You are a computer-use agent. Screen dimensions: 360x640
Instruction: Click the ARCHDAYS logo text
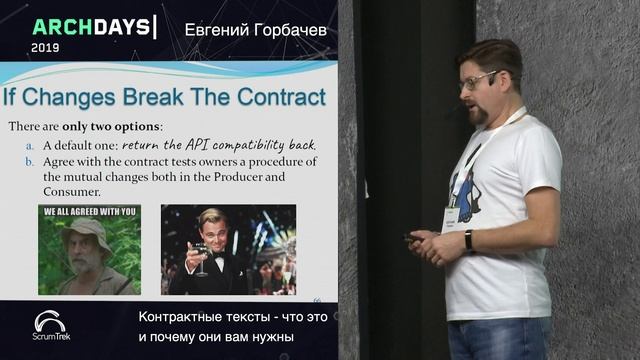point(93,26)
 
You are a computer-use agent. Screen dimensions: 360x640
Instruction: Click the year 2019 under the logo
point(45,47)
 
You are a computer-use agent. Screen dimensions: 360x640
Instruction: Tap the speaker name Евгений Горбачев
point(256,30)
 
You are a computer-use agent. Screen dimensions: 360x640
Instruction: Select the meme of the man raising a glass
point(228,250)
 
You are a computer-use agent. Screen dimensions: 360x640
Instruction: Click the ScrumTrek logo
point(50,325)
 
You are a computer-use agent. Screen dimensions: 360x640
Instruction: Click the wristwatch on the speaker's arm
point(468,240)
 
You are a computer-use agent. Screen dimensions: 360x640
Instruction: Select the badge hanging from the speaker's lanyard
point(451,216)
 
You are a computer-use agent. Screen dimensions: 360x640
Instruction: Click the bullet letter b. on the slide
point(30,161)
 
